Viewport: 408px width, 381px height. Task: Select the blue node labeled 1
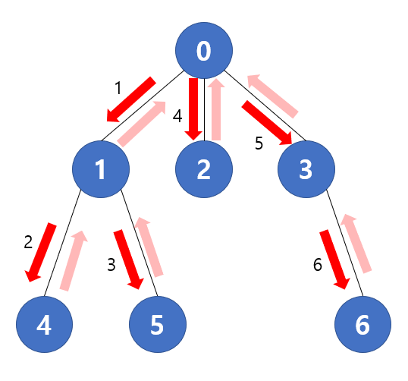(101, 170)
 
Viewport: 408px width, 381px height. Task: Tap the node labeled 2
(203, 170)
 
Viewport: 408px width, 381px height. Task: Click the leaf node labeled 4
(44, 325)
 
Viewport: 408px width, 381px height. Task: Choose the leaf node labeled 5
(157, 325)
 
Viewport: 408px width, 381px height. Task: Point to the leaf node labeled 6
(362, 325)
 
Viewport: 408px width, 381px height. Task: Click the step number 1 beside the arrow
(118, 88)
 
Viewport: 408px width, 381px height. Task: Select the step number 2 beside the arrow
(28, 243)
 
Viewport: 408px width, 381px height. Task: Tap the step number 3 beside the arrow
(111, 264)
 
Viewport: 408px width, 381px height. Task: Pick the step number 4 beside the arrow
(177, 116)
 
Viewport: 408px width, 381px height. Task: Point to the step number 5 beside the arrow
(259, 143)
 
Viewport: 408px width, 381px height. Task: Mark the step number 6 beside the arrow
(318, 264)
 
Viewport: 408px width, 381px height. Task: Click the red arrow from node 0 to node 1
(131, 99)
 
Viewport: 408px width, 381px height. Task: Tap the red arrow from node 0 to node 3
(268, 122)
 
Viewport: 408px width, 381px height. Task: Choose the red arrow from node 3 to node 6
(334, 259)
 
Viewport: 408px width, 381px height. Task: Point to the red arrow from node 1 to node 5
(130, 259)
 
